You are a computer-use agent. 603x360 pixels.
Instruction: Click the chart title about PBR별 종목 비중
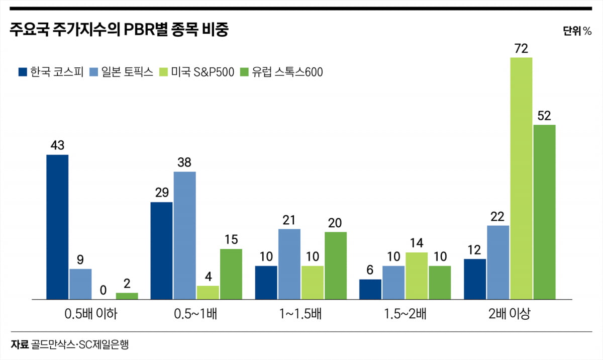pyautogui.click(x=119, y=31)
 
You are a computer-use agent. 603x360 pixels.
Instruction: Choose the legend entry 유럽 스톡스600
pyautogui.click(x=281, y=72)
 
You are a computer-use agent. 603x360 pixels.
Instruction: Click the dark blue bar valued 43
pyautogui.click(x=57, y=227)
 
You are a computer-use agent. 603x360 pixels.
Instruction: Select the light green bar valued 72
pyautogui.click(x=521, y=178)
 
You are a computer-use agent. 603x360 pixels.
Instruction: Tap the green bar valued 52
pyautogui.click(x=544, y=212)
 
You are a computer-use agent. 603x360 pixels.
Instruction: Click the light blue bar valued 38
pyautogui.click(x=184, y=235)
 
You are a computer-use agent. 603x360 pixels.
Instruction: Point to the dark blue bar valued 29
pyautogui.click(x=161, y=250)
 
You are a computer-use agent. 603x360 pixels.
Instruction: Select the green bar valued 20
pyautogui.click(x=335, y=265)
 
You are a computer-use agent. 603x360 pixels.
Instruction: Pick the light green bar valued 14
pyautogui.click(x=417, y=276)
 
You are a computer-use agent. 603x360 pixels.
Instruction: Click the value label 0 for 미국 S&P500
pyautogui.click(x=104, y=290)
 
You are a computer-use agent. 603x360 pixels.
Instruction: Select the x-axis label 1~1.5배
pyautogui.click(x=300, y=315)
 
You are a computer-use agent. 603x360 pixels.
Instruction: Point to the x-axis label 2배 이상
pyautogui.click(x=509, y=315)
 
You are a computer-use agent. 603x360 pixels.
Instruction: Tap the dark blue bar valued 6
pyautogui.click(x=370, y=289)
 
